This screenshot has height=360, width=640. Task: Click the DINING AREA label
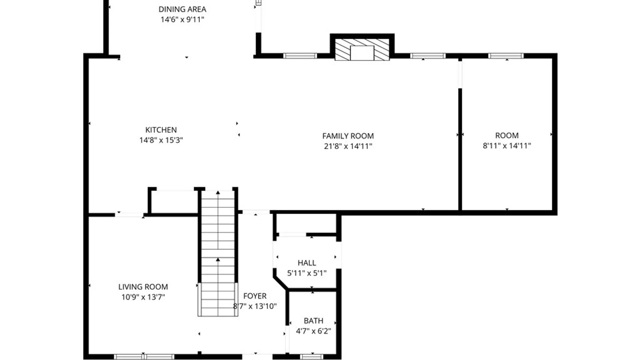[182, 9]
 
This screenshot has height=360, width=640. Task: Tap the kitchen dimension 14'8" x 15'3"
[161, 140]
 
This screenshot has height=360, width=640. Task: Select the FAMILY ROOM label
[348, 136]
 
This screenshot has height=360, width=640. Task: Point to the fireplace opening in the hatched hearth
[362, 53]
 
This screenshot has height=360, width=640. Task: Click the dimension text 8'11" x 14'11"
[507, 146]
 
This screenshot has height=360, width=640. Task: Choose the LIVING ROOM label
[143, 287]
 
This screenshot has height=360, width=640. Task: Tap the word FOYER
[255, 296]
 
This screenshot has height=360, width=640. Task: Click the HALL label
[307, 263]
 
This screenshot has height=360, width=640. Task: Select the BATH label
[313, 321]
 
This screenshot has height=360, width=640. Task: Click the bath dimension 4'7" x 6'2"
[313, 331]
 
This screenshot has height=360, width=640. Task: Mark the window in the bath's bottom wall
[312, 357]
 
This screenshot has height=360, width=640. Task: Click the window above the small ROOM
[506, 56]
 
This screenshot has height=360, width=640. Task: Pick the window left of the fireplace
[300, 56]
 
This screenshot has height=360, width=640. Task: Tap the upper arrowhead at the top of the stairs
[218, 192]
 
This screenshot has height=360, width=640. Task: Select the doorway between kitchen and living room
[129, 215]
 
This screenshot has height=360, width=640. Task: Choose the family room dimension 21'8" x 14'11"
[348, 146]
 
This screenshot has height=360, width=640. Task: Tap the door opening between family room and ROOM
[460, 74]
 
